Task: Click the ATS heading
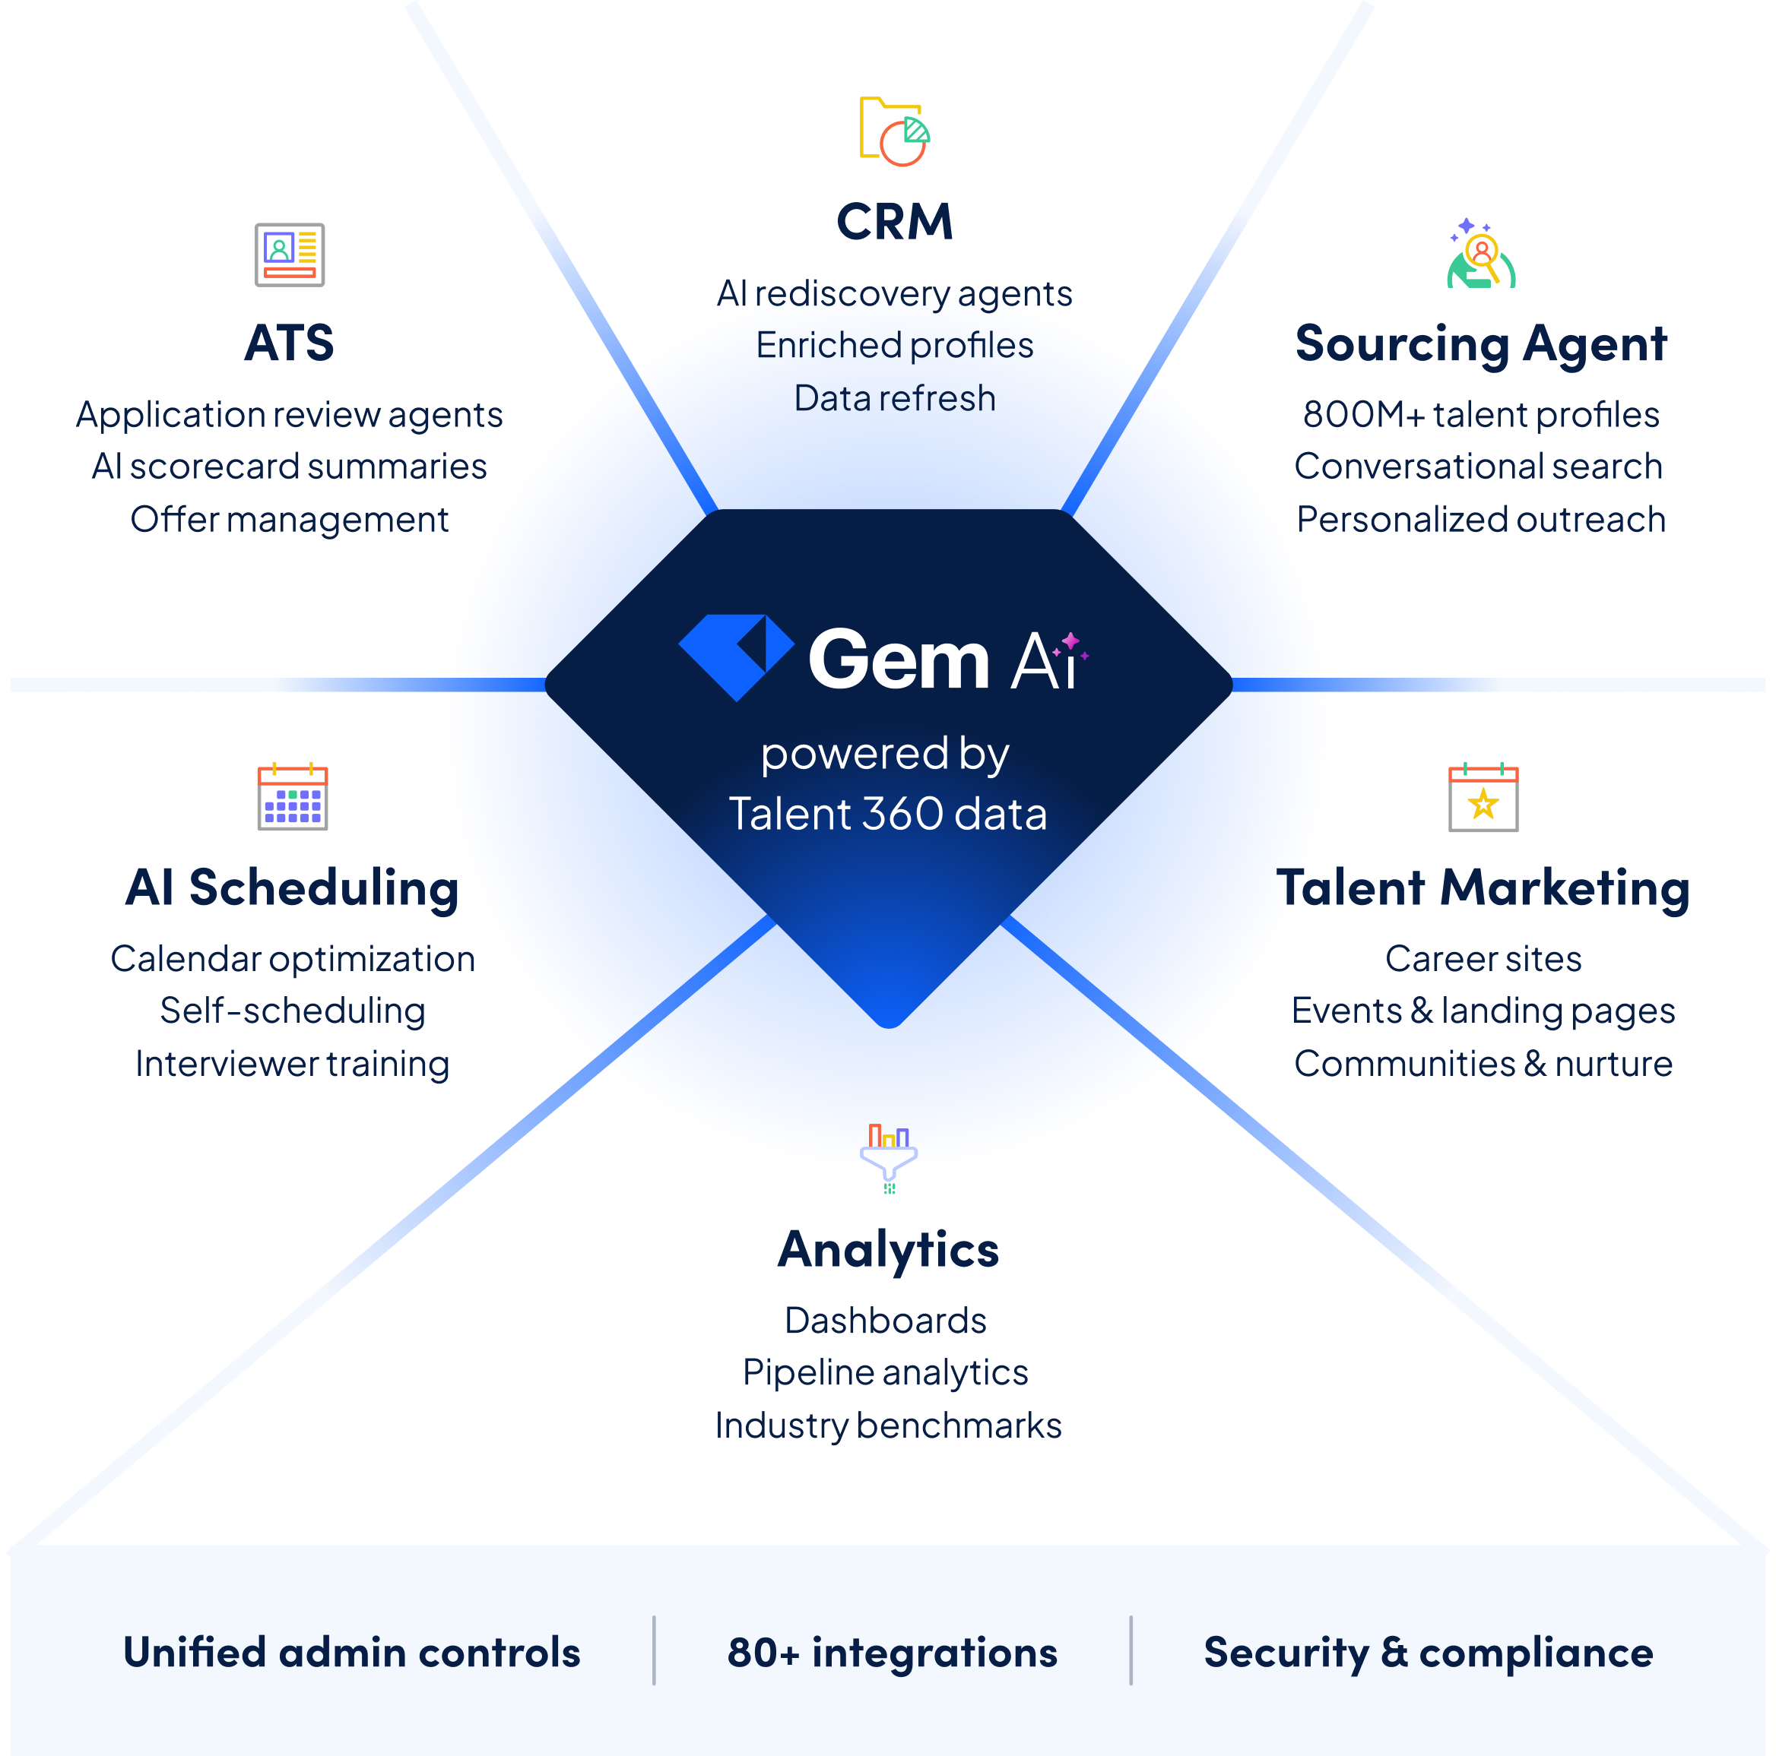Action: [x=290, y=343]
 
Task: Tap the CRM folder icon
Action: [x=893, y=131]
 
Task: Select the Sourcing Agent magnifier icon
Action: [x=1481, y=255]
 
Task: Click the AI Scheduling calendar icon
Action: [x=292, y=796]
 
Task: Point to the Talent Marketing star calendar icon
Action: [x=1483, y=798]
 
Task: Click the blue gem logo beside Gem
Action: [x=736, y=656]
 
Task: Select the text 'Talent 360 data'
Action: [x=888, y=814]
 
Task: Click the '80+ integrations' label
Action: [x=892, y=1652]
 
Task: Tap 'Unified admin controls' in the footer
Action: [x=351, y=1652]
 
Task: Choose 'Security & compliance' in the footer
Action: [x=1429, y=1652]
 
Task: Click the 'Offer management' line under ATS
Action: [x=290, y=520]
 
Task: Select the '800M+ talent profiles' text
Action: [x=1481, y=414]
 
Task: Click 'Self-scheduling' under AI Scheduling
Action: [x=292, y=1011]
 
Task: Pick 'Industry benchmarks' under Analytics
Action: [x=888, y=1426]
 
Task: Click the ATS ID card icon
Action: [x=290, y=255]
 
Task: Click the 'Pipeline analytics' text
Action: [x=885, y=1373]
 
